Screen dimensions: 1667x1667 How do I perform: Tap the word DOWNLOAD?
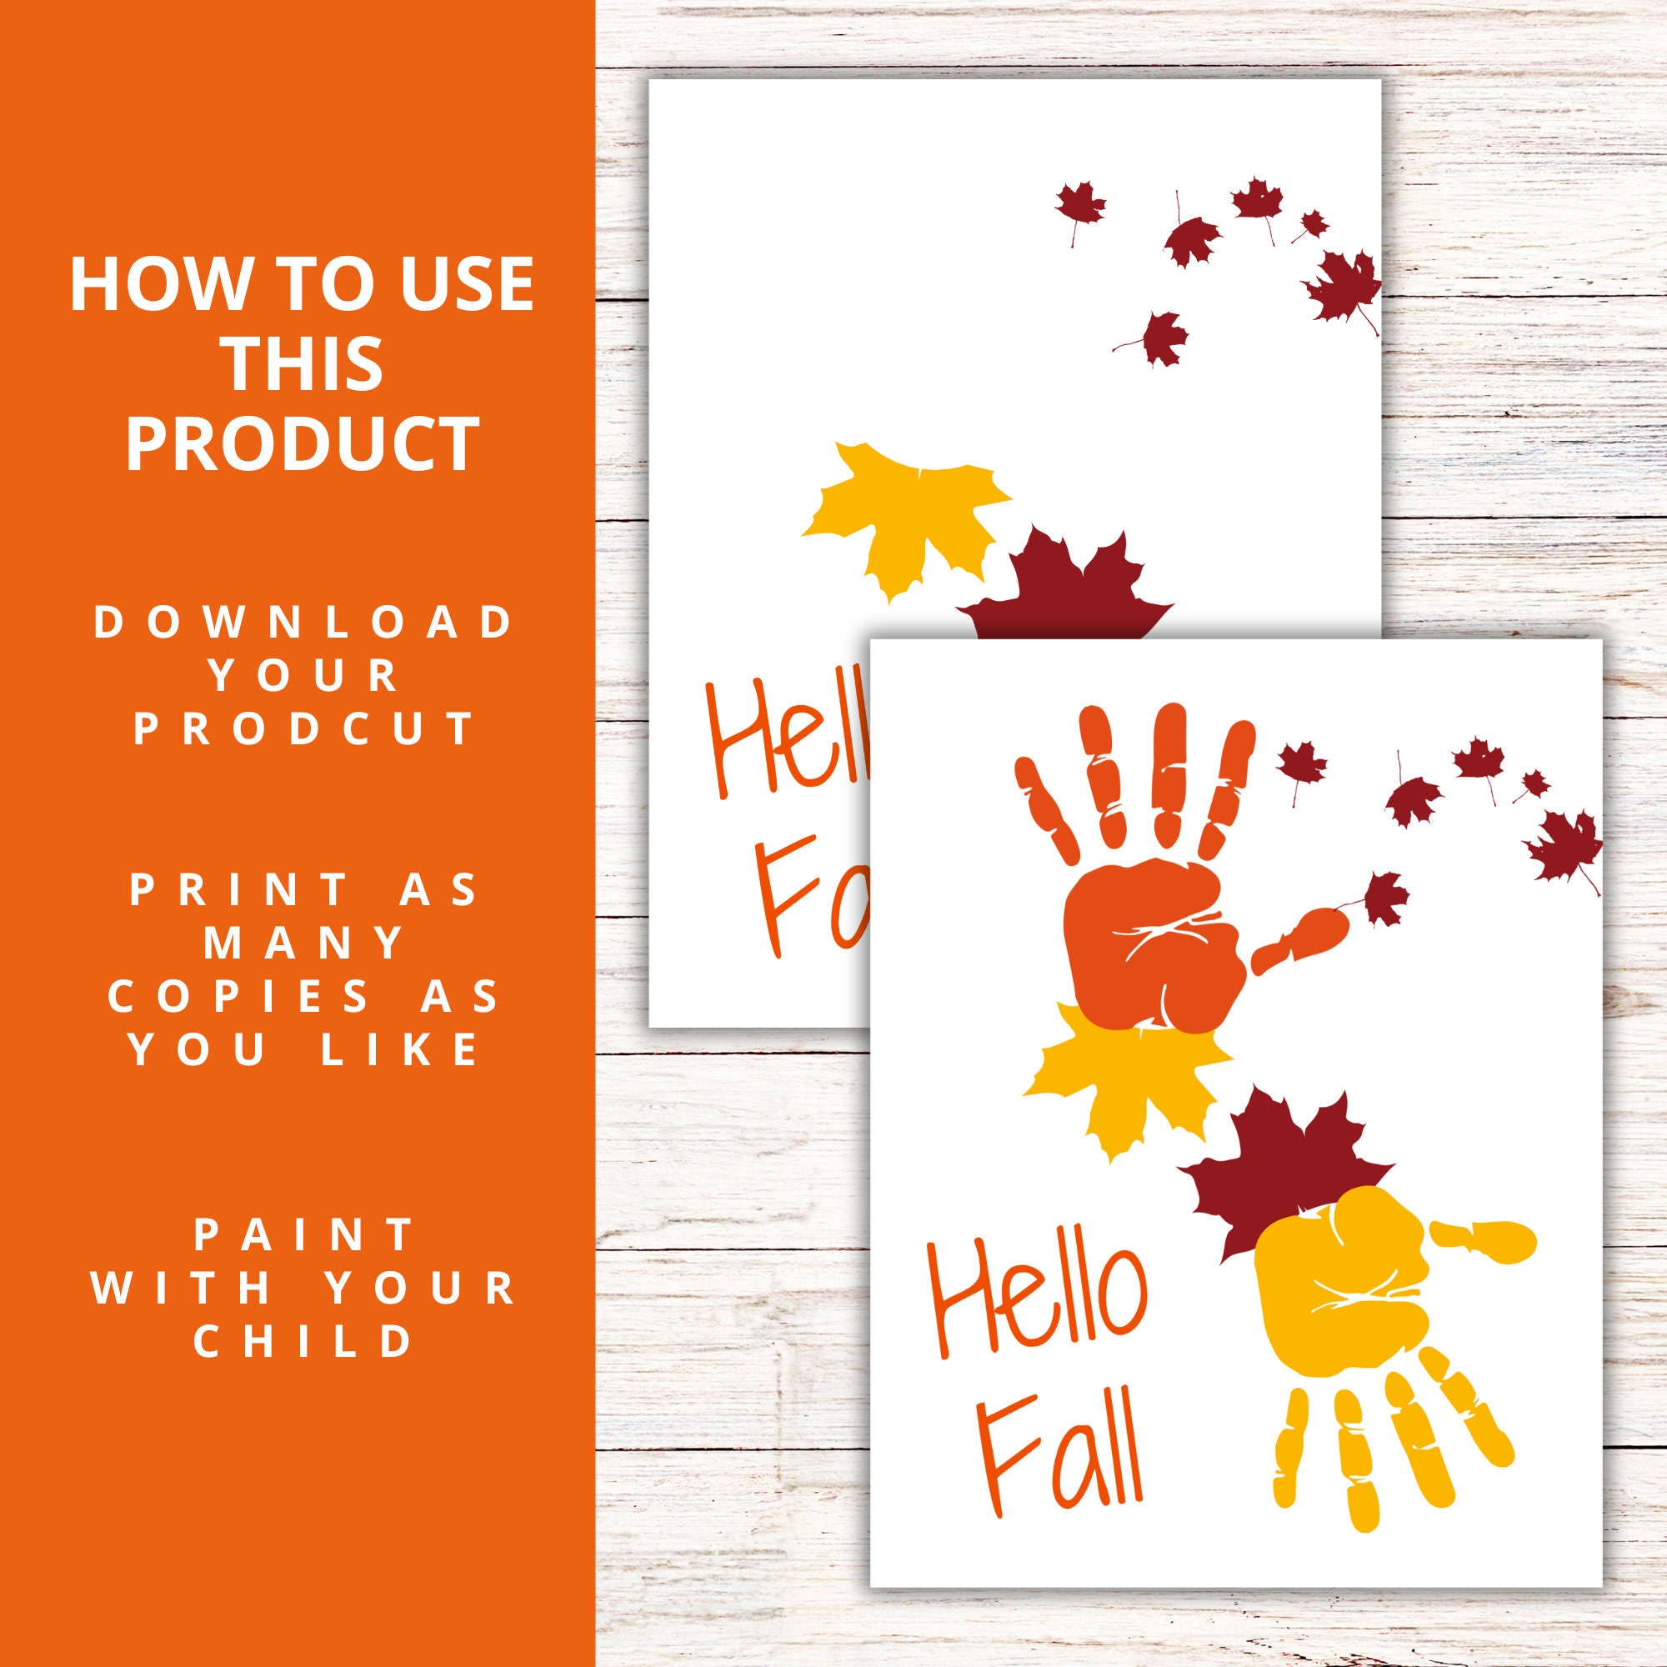(x=302, y=623)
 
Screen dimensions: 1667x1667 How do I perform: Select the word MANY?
(x=304, y=944)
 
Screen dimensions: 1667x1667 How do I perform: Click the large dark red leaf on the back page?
(x=1061, y=595)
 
